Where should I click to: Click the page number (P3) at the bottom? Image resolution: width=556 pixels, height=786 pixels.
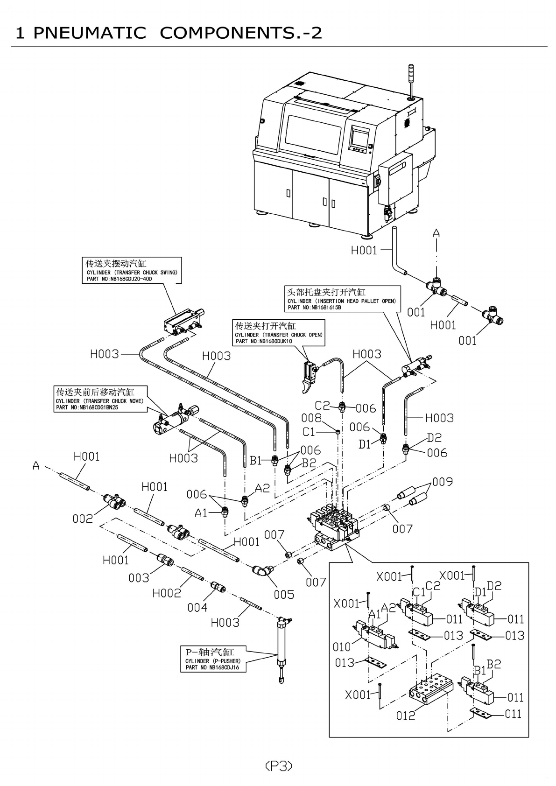(279, 765)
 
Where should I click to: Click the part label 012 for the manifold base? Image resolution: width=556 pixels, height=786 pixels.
(405, 715)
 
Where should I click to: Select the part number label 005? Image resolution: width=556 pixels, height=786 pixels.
(284, 594)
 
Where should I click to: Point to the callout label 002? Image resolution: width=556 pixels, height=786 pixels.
(83, 518)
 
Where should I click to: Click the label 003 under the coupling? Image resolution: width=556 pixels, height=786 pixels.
(139, 578)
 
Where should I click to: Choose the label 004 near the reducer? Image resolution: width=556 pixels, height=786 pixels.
(197, 607)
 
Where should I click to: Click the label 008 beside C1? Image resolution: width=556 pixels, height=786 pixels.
(311, 417)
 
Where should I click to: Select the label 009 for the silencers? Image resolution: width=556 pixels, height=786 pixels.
(442, 481)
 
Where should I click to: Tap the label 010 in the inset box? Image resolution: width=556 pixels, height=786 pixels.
(341, 647)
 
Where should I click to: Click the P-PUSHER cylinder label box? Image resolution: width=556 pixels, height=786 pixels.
(213, 659)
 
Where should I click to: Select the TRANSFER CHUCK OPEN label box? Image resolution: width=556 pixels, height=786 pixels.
(279, 332)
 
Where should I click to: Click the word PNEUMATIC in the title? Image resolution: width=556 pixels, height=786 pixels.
(90, 33)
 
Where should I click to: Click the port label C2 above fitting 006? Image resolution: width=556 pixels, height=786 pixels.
(322, 406)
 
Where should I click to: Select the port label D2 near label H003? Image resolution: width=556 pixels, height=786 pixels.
(434, 438)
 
